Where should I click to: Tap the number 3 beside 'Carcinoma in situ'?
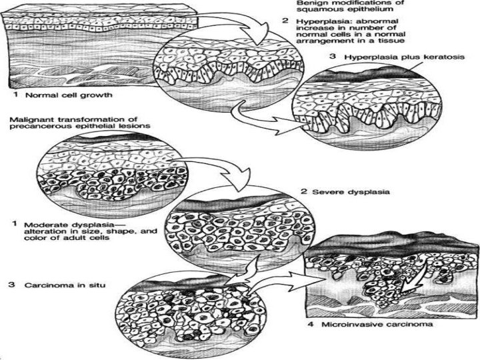[10, 285]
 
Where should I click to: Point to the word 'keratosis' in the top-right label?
[440, 58]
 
